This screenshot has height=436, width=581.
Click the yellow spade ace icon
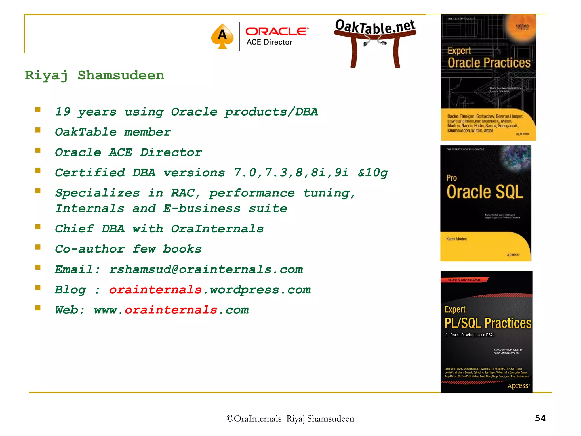[x=222, y=36]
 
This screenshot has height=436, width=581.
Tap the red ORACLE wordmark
[x=277, y=32]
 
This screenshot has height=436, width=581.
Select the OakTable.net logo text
[x=375, y=27]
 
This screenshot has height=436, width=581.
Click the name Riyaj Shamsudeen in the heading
[x=94, y=76]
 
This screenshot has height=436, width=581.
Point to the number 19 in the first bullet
[x=63, y=112]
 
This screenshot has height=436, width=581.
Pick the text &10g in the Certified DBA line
[x=373, y=173]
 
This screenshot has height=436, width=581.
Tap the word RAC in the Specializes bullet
[x=183, y=193]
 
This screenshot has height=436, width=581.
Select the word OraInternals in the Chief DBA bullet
[x=217, y=229]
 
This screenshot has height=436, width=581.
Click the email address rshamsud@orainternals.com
[x=206, y=269]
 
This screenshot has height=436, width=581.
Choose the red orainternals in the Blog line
[x=155, y=290]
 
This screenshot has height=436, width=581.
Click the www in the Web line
[x=106, y=310]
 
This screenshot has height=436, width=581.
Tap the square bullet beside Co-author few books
[x=38, y=247]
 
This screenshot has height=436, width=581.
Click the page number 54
[x=540, y=418]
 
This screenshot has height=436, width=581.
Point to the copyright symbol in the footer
[x=230, y=418]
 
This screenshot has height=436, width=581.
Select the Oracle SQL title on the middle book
[x=485, y=192]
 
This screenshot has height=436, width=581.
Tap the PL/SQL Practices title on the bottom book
[x=488, y=323]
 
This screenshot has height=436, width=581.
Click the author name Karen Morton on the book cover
[x=456, y=239]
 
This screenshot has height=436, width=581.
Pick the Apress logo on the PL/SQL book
[x=518, y=386]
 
